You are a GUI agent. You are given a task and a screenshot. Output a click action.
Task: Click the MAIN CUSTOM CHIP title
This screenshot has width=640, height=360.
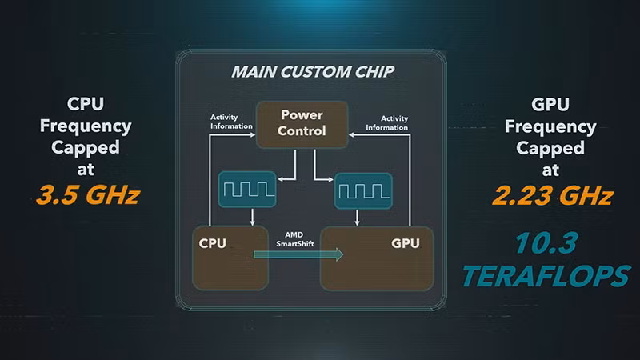pos(312,72)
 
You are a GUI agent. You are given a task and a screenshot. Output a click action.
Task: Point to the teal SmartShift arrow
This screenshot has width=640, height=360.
pos(298,254)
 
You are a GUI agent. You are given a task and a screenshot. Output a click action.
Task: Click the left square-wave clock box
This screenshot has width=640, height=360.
pos(247,190)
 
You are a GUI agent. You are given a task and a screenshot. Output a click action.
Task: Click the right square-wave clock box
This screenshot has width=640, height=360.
pos(363,190)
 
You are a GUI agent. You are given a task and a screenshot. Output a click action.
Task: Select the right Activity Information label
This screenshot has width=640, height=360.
pos(386,122)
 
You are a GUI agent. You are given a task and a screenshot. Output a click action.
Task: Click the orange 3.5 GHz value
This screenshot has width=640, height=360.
pos(88,194)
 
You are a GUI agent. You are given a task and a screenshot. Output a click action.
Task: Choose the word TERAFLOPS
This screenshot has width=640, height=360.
pos(545,274)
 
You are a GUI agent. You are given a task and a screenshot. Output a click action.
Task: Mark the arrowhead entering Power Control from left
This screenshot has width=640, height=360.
pos(250,135)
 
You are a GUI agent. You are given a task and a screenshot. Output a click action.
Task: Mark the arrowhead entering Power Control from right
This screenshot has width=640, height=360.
pos(353,135)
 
